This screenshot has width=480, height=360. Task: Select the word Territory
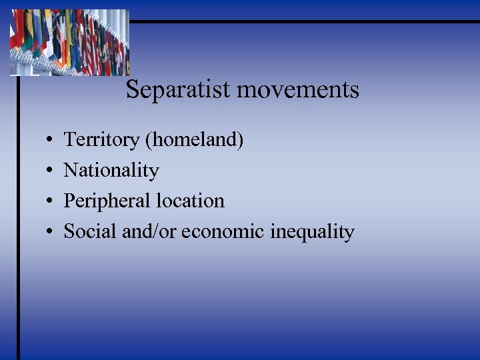tap(101, 140)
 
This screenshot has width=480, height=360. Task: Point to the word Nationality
tap(111, 171)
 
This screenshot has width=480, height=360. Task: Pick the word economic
tap(223, 231)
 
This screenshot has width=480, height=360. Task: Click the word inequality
tap(313, 232)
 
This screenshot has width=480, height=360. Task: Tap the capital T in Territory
tap(69, 140)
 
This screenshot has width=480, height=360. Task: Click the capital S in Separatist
tap(132, 89)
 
